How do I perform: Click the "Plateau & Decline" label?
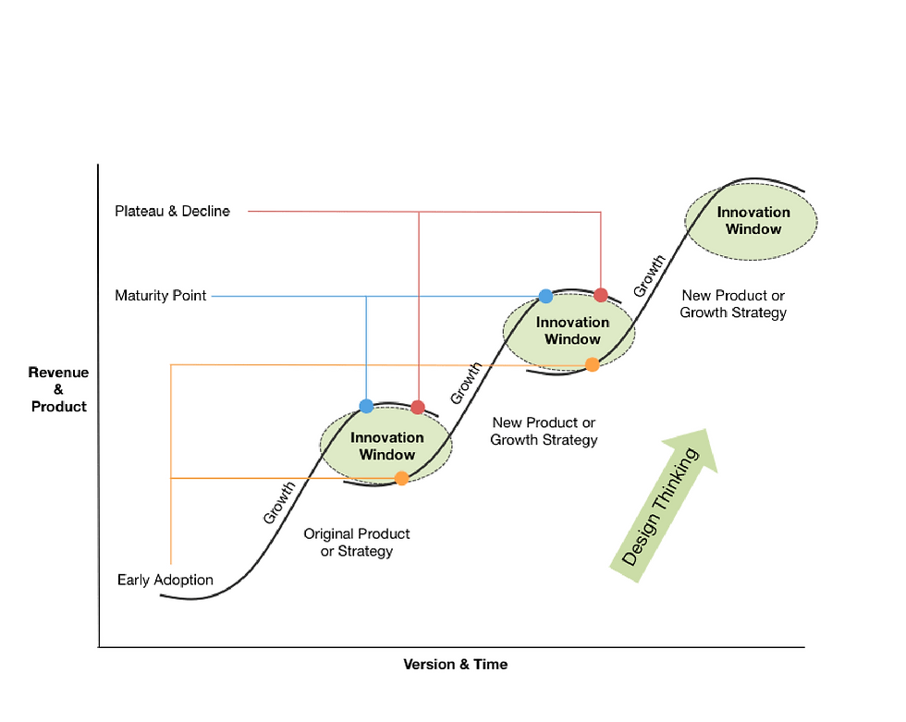tap(172, 211)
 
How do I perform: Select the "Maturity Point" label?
tap(161, 296)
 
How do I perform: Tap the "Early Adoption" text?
tap(165, 581)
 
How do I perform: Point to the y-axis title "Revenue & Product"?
tap(58, 389)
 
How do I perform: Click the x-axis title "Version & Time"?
tap(455, 664)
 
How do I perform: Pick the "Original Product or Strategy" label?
tap(357, 543)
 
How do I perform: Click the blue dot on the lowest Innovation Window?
tap(366, 406)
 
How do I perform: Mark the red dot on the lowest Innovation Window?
tap(418, 407)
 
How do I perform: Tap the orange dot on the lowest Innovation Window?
tap(401, 478)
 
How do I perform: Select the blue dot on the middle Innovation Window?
tap(545, 296)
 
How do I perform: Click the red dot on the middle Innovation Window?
tap(601, 295)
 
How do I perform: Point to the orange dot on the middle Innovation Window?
tap(593, 364)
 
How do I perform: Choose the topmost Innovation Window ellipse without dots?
tap(752, 220)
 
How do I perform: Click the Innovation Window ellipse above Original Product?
tap(386, 446)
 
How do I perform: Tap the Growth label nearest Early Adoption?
tap(279, 503)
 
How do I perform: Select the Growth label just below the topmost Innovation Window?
tap(649, 275)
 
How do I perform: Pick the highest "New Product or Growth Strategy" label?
tap(733, 304)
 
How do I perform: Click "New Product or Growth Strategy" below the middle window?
tap(544, 432)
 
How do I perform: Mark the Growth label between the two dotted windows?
tap(465, 383)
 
